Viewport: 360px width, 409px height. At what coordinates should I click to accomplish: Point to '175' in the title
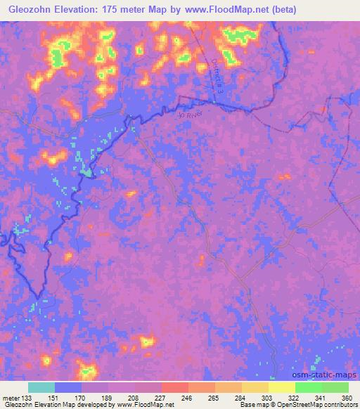(119, 10)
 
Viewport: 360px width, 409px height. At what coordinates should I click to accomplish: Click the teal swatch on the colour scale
(41, 387)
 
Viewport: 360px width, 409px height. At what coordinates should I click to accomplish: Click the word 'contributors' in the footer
(342, 405)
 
